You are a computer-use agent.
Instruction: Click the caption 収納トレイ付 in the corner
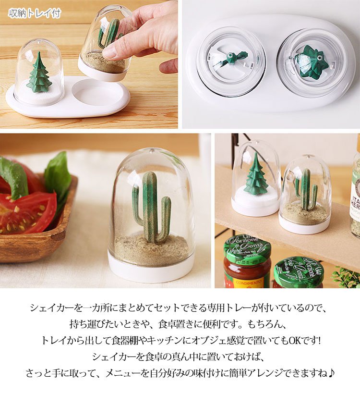point(35,13)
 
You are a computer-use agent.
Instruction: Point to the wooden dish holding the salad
point(37,231)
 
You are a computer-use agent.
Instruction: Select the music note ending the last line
point(331,373)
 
